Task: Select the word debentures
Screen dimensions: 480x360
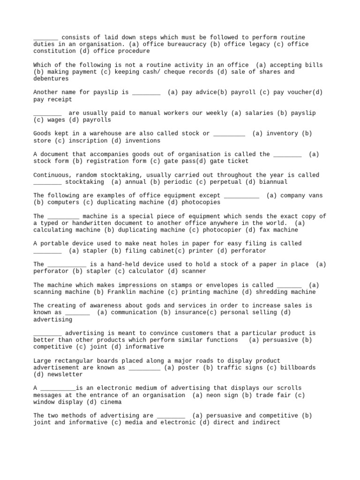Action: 51,79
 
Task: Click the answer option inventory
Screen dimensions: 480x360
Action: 284,134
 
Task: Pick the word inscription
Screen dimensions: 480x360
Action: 88,141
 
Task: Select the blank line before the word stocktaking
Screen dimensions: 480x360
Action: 47,182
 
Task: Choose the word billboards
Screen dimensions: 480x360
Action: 298,368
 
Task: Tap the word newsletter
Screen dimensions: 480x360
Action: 65,375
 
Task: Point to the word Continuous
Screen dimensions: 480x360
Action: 51,175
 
